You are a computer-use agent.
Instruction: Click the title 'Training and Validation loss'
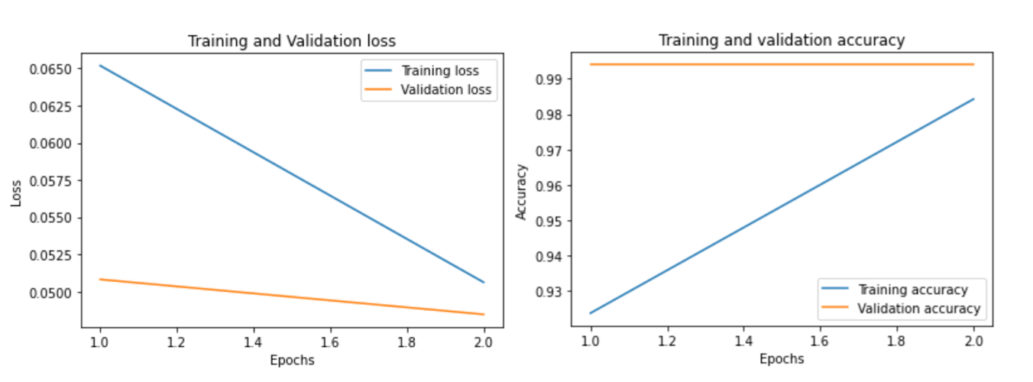pos(292,40)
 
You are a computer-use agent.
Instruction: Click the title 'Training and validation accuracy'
pos(782,40)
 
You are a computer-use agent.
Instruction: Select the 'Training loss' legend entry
pos(440,71)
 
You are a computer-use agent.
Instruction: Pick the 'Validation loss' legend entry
pos(446,90)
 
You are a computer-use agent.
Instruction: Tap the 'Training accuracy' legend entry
pos(913,290)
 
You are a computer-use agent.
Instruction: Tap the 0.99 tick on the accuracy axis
pos(548,79)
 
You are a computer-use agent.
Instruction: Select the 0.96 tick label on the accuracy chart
pos(548,186)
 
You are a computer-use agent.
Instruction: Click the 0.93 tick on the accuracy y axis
pos(548,292)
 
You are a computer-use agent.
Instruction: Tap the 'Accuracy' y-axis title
pos(522,191)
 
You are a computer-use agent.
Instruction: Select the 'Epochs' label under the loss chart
pos(292,360)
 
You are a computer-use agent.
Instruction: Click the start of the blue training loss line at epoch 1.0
pos(100,66)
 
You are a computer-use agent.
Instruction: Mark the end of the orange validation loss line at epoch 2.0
pos(484,314)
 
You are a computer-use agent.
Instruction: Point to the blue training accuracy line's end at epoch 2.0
pos(973,99)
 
